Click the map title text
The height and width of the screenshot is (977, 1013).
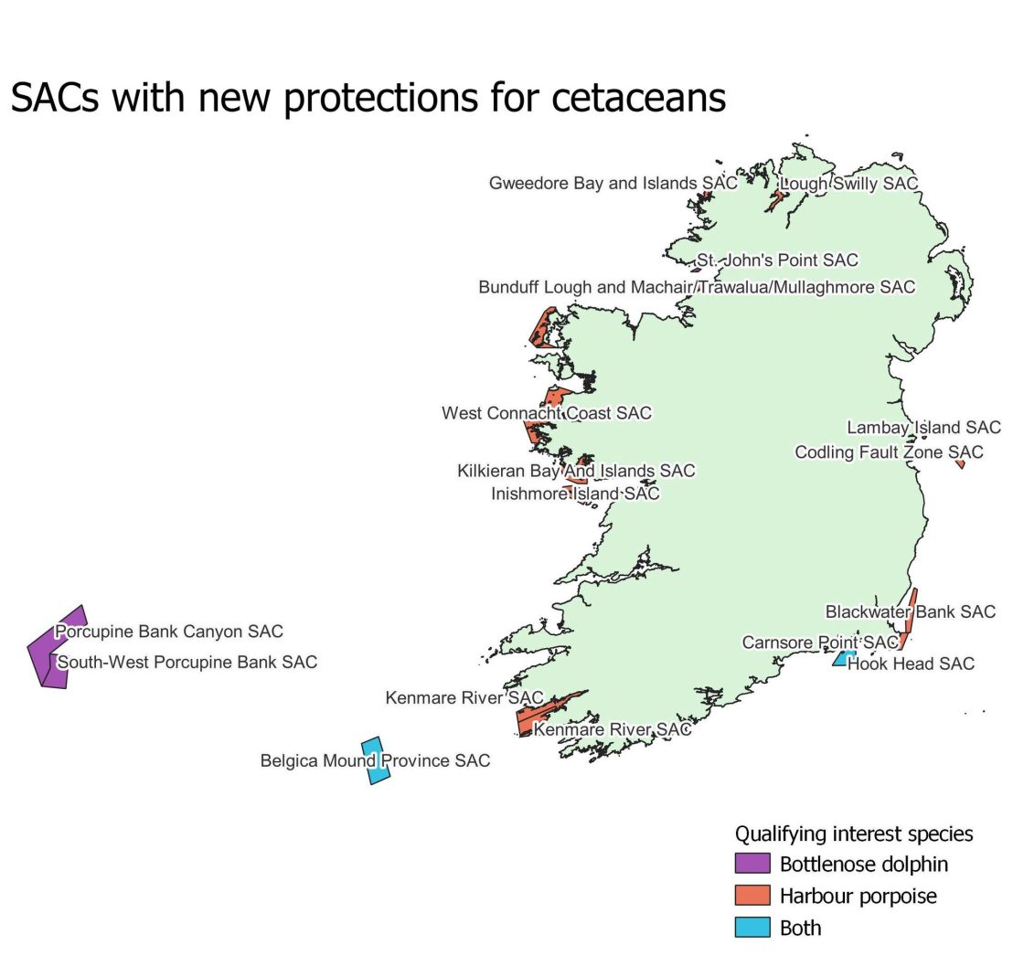[368, 97]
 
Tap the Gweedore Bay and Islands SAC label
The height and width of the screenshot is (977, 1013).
[613, 184]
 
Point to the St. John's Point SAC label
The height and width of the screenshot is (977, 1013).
[777, 261]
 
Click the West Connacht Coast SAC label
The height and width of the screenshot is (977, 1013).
[547, 413]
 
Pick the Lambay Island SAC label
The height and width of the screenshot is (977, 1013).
[923, 428]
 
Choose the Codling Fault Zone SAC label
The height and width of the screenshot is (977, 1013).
[889, 452]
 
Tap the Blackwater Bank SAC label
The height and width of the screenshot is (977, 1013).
[910, 611]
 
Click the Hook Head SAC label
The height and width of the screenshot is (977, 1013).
[911, 664]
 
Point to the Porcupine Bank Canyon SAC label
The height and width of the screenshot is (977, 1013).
[169, 632]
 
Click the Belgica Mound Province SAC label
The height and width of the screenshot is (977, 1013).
[375, 760]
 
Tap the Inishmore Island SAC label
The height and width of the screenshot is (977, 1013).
[575, 494]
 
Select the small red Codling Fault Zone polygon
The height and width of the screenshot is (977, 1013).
[960, 464]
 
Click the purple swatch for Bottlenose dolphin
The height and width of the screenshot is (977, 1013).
[752, 864]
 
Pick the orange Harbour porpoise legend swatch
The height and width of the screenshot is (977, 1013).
[752, 896]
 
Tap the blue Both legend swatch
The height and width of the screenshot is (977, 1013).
[752, 928]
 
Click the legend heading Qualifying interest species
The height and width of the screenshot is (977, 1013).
[854, 834]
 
